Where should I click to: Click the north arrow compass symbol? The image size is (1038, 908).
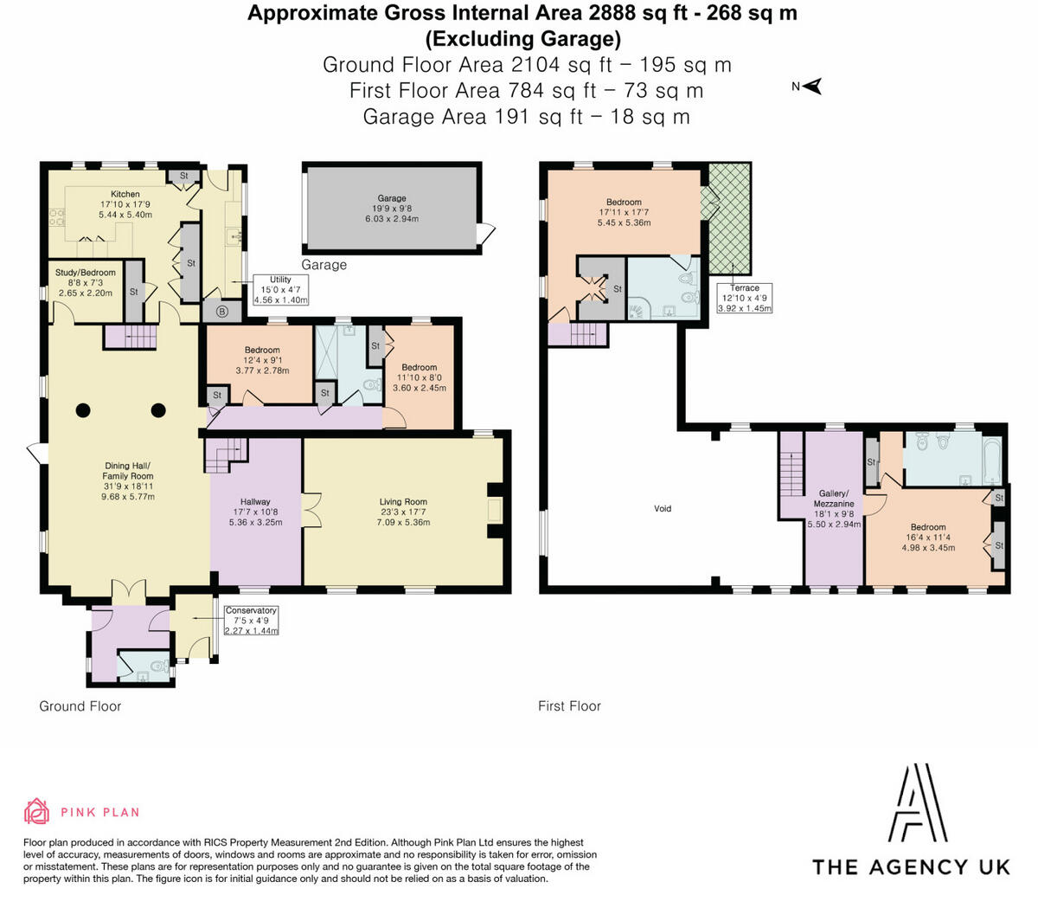[812, 87]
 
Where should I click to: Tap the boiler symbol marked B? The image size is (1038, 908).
[221, 312]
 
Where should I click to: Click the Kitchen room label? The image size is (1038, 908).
[125, 194]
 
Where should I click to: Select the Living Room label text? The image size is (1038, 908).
[403, 501]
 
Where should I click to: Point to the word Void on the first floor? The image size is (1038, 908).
[663, 509]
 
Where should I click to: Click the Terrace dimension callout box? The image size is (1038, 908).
[744, 298]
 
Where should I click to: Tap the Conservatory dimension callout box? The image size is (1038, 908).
[251, 621]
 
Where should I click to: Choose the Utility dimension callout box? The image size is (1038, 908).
[280, 290]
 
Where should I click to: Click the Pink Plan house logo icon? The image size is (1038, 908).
[36, 811]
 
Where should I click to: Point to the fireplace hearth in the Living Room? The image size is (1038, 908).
[495, 511]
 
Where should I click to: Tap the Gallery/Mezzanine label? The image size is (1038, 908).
[834, 499]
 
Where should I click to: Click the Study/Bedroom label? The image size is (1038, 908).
[86, 273]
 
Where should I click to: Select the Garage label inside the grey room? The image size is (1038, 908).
[392, 198]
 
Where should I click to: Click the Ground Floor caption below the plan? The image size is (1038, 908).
[80, 706]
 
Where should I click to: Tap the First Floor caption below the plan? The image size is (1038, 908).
[569, 706]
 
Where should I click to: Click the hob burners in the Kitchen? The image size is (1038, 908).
[56, 216]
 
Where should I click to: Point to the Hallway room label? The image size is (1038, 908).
[255, 501]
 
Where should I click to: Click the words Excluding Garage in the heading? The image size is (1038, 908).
[523, 39]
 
